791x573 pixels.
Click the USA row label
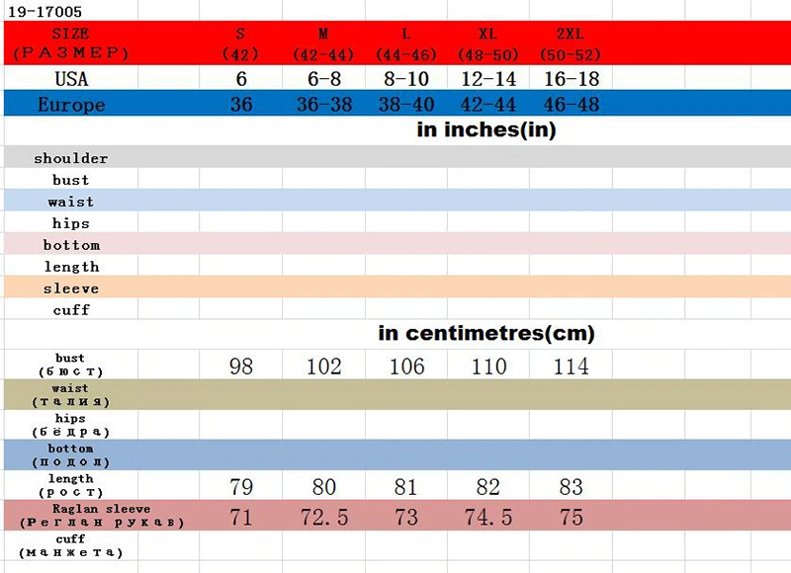[x=71, y=79]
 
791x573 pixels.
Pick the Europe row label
[x=71, y=105]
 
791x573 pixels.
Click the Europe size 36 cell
[x=241, y=105]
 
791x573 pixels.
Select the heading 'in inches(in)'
[x=486, y=130]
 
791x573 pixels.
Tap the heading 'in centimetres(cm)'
[x=486, y=334]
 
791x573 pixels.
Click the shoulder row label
[x=71, y=158]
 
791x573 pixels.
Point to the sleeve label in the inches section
[x=71, y=288]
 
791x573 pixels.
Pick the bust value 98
[x=241, y=367]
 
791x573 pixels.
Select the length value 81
[x=406, y=488]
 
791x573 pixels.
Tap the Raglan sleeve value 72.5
[x=323, y=518]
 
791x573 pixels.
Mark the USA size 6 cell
[x=241, y=79]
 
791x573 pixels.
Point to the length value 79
[x=241, y=488]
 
